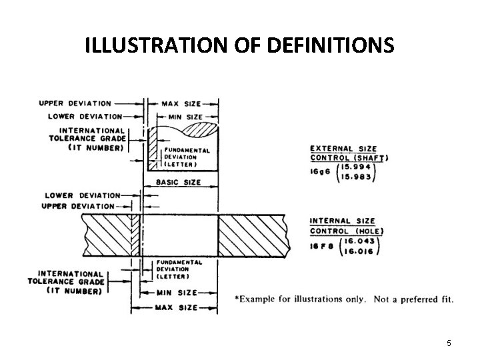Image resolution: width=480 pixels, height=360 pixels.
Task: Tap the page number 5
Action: pos(449,343)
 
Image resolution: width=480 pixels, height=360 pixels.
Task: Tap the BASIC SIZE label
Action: pos(177,181)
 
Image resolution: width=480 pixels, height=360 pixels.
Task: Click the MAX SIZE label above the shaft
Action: pos(180,104)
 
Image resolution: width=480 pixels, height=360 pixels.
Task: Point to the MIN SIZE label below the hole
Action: pos(177,293)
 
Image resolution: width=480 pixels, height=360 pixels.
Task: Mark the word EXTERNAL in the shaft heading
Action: pos(331,149)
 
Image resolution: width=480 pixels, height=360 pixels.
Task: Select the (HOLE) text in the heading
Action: pos(365,231)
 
